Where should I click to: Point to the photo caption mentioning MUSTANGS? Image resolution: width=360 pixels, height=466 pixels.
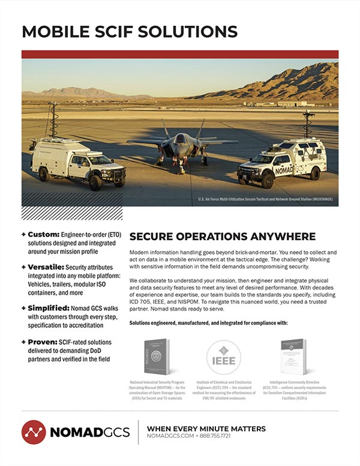click(x=265, y=199)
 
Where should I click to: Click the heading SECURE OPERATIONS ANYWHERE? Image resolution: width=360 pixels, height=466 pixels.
click(x=223, y=235)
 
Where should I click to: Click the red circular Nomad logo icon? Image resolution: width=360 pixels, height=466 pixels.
click(x=34, y=432)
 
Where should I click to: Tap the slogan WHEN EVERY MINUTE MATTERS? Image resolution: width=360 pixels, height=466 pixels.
click(x=206, y=428)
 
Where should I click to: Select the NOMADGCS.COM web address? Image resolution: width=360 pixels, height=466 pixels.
click(x=171, y=437)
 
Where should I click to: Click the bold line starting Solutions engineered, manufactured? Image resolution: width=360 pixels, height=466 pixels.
click(x=208, y=323)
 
